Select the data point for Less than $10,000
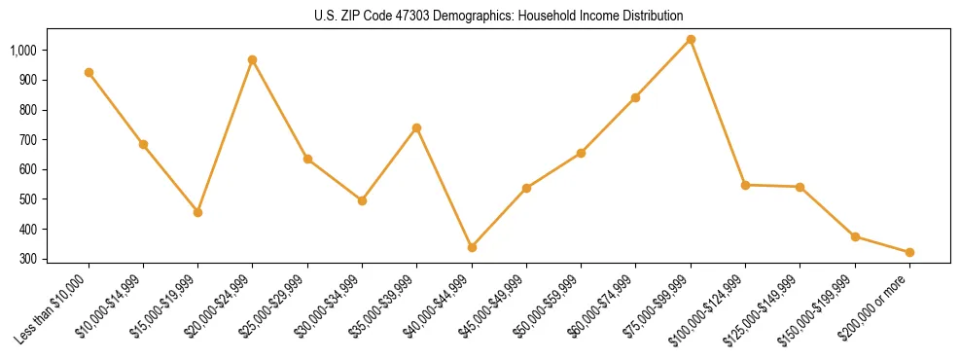tap(89, 72)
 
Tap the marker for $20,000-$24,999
tap(253, 60)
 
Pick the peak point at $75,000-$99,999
tap(691, 40)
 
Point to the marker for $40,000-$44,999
tap(472, 247)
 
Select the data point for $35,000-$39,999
tap(417, 127)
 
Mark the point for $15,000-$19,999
tap(198, 212)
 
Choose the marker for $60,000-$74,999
tap(636, 97)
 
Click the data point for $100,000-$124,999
tap(745, 185)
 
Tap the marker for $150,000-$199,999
tap(855, 236)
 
